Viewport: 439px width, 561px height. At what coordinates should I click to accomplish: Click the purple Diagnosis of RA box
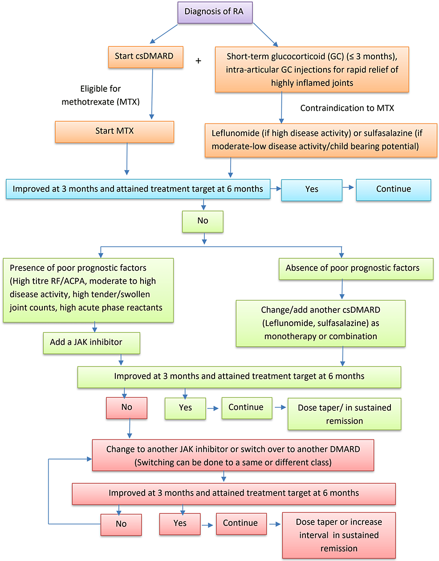pyautogui.click(x=215, y=12)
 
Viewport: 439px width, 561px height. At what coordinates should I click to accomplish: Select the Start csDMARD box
pyautogui.click(x=145, y=57)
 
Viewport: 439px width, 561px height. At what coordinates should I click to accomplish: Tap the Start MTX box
pyautogui.click(x=114, y=131)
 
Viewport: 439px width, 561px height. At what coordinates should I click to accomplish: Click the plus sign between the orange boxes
pyautogui.click(x=199, y=61)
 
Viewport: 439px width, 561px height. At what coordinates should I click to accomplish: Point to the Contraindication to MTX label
pyautogui.click(x=347, y=108)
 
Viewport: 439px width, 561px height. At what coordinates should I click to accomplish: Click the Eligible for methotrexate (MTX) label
pyautogui.click(x=101, y=95)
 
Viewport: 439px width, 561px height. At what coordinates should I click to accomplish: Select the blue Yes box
pyautogui.click(x=312, y=189)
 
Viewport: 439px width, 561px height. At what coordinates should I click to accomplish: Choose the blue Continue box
pyautogui.click(x=394, y=189)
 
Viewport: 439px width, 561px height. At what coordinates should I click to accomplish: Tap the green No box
pyautogui.click(x=203, y=221)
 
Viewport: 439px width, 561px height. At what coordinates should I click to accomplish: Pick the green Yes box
pyautogui.click(x=185, y=408)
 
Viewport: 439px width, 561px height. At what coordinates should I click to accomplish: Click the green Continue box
pyautogui.click(x=246, y=408)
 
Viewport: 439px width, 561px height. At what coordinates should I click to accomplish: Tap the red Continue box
pyautogui.click(x=241, y=524)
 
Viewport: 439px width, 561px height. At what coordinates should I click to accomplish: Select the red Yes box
pyautogui.click(x=180, y=524)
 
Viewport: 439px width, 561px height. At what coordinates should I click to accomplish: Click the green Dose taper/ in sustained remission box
pyautogui.click(x=344, y=414)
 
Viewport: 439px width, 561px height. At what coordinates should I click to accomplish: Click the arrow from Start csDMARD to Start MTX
pyautogui.click(x=152, y=94)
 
